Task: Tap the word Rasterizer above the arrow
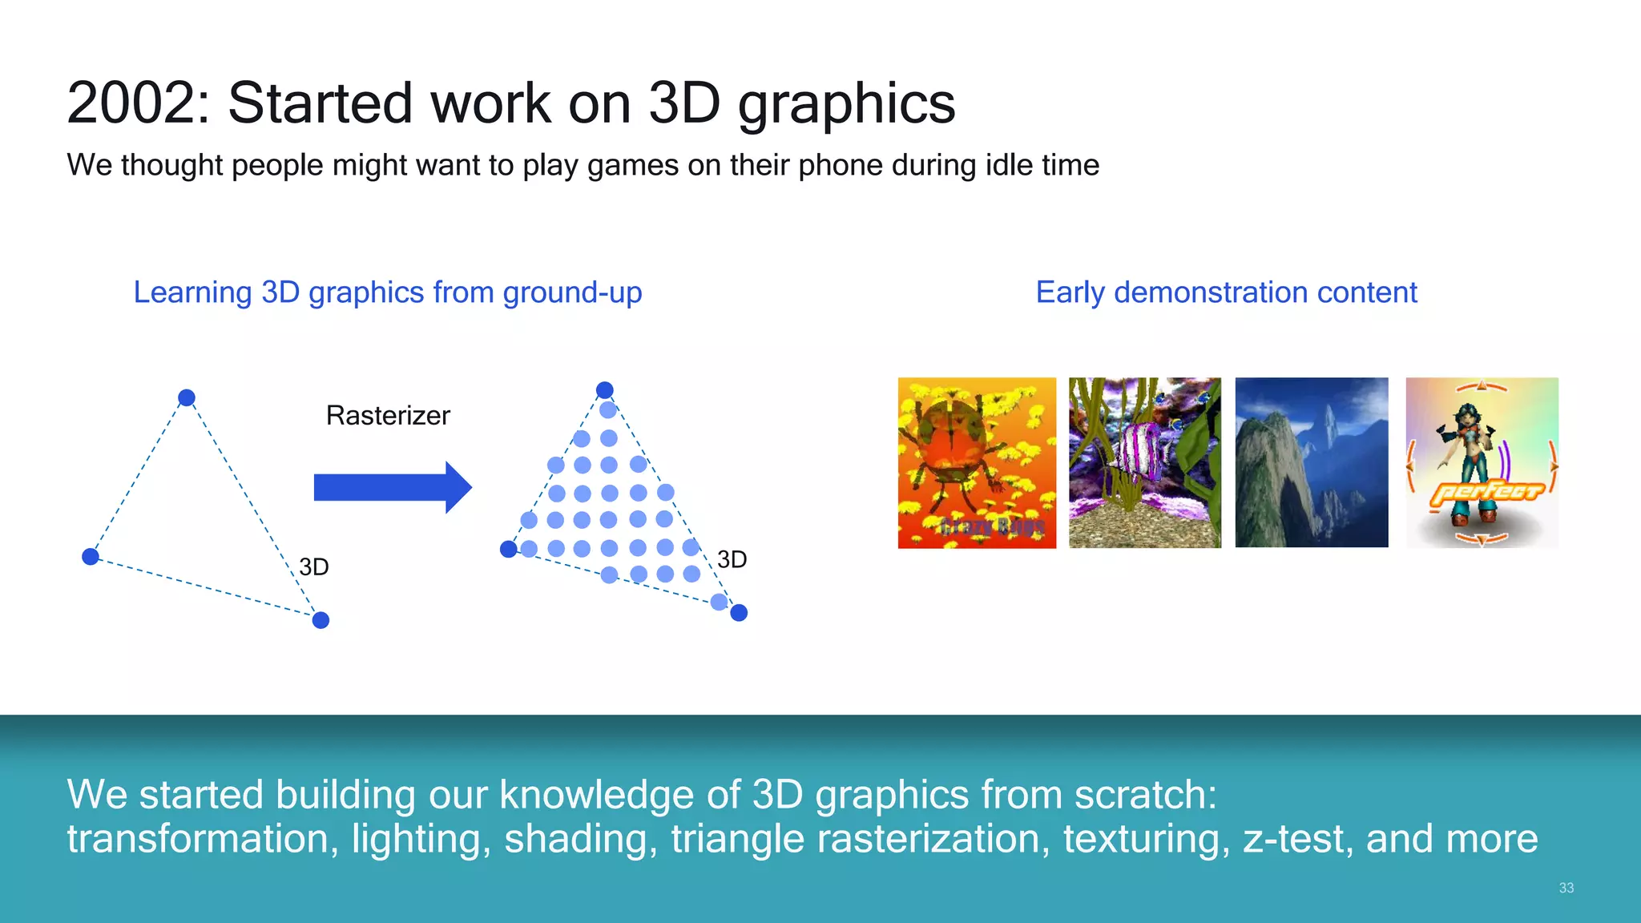pyautogui.click(x=388, y=416)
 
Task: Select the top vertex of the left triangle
pyautogui.click(x=187, y=398)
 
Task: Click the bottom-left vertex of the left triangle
pyautogui.click(x=91, y=557)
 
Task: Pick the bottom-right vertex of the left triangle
pyautogui.click(x=321, y=620)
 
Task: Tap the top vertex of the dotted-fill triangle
pyautogui.click(x=605, y=390)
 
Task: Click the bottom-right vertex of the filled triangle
pyautogui.click(x=739, y=613)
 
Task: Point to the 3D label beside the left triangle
pyautogui.click(x=314, y=567)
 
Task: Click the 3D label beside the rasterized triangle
pyautogui.click(x=732, y=559)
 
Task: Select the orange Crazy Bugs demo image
pyautogui.click(x=977, y=463)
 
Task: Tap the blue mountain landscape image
pyautogui.click(x=1311, y=463)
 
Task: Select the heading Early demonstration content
pyautogui.click(x=1226, y=293)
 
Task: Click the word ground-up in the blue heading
pyautogui.click(x=572, y=293)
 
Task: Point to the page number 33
pyautogui.click(x=1566, y=888)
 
